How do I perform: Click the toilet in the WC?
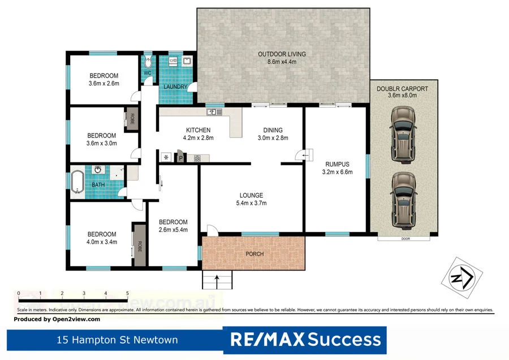click(x=148, y=62)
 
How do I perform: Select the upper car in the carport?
click(x=401, y=135)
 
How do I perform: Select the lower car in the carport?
click(x=401, y=200)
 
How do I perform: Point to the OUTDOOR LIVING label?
click(x=282, y=54)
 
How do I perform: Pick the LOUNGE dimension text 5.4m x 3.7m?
click(x=251, y=203)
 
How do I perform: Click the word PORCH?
click(x=255, y=254)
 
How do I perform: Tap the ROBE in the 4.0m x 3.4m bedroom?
click(x=139, y=245)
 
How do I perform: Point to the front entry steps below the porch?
click(x=218, y=278)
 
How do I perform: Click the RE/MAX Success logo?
click(x=305, y=340)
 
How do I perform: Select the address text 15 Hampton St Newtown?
click(x=117, y=340)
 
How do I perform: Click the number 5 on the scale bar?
click(x=127, y=293)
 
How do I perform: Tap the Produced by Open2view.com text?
click(x=57, y=319)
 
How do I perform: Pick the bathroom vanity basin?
click(x=98, y=170)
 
